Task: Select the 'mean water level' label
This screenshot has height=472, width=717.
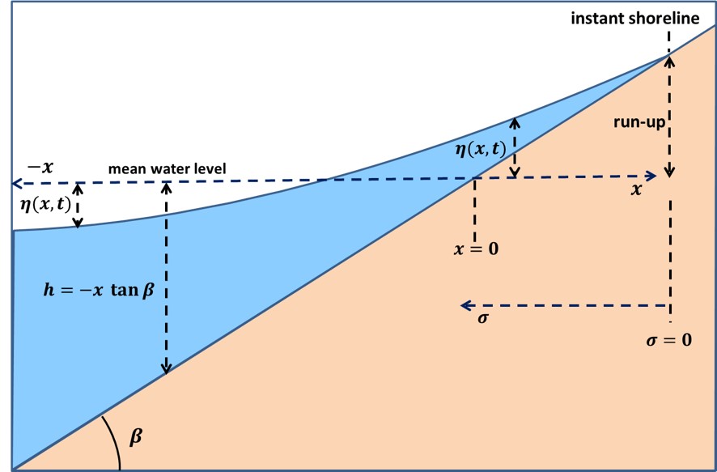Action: (168, 169)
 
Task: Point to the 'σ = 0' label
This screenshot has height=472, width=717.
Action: (668, 340)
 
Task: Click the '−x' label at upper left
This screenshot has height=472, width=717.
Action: (40, 167)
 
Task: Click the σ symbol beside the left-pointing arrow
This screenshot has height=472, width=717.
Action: (483, 318)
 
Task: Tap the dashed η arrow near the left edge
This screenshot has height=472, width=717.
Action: (78, 205)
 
